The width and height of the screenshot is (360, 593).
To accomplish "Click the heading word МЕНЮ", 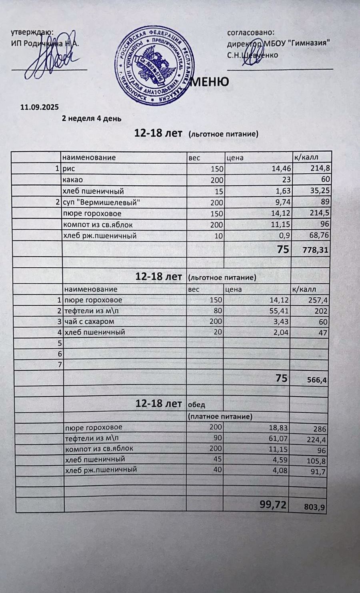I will [x=209, y=82].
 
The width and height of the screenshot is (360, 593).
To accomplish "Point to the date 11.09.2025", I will [x=40, y=107].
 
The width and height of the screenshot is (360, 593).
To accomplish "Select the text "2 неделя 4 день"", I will [x=92, y=118].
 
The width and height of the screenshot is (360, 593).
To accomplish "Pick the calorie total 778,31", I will [x=316, y=250].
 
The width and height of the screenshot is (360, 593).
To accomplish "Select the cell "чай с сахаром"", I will [x=89, y=321].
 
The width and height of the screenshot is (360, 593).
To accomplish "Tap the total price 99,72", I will [x=274, y=505].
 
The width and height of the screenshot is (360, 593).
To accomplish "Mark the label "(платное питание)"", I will [x=220, y=417].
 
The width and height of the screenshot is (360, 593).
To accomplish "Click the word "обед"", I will [x=196, y=405].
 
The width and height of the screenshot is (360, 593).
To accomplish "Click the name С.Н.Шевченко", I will [x=252, y=55].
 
